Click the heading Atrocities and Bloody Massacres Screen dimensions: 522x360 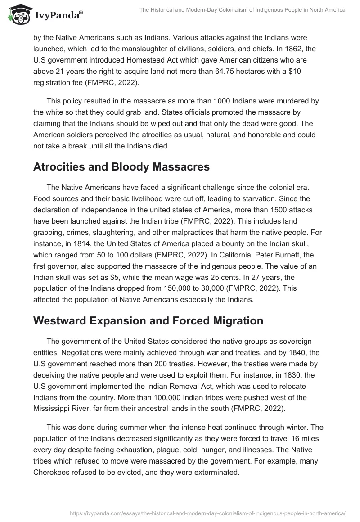coord(121,166)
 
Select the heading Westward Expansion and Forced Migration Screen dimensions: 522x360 coord(148,321)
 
